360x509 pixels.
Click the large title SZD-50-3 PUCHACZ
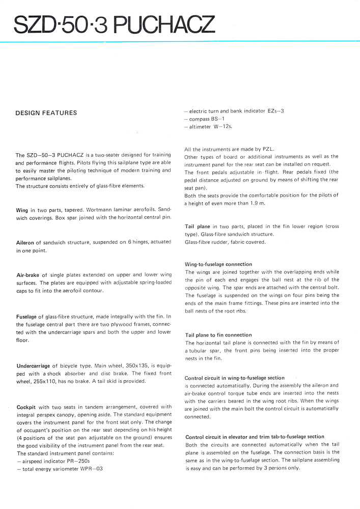pos(115,24)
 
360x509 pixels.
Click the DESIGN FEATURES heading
pos(46,113)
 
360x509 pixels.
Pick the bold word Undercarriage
pos(33,365)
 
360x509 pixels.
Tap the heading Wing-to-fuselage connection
pos(218,264)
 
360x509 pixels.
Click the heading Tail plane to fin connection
pos(218,335)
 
